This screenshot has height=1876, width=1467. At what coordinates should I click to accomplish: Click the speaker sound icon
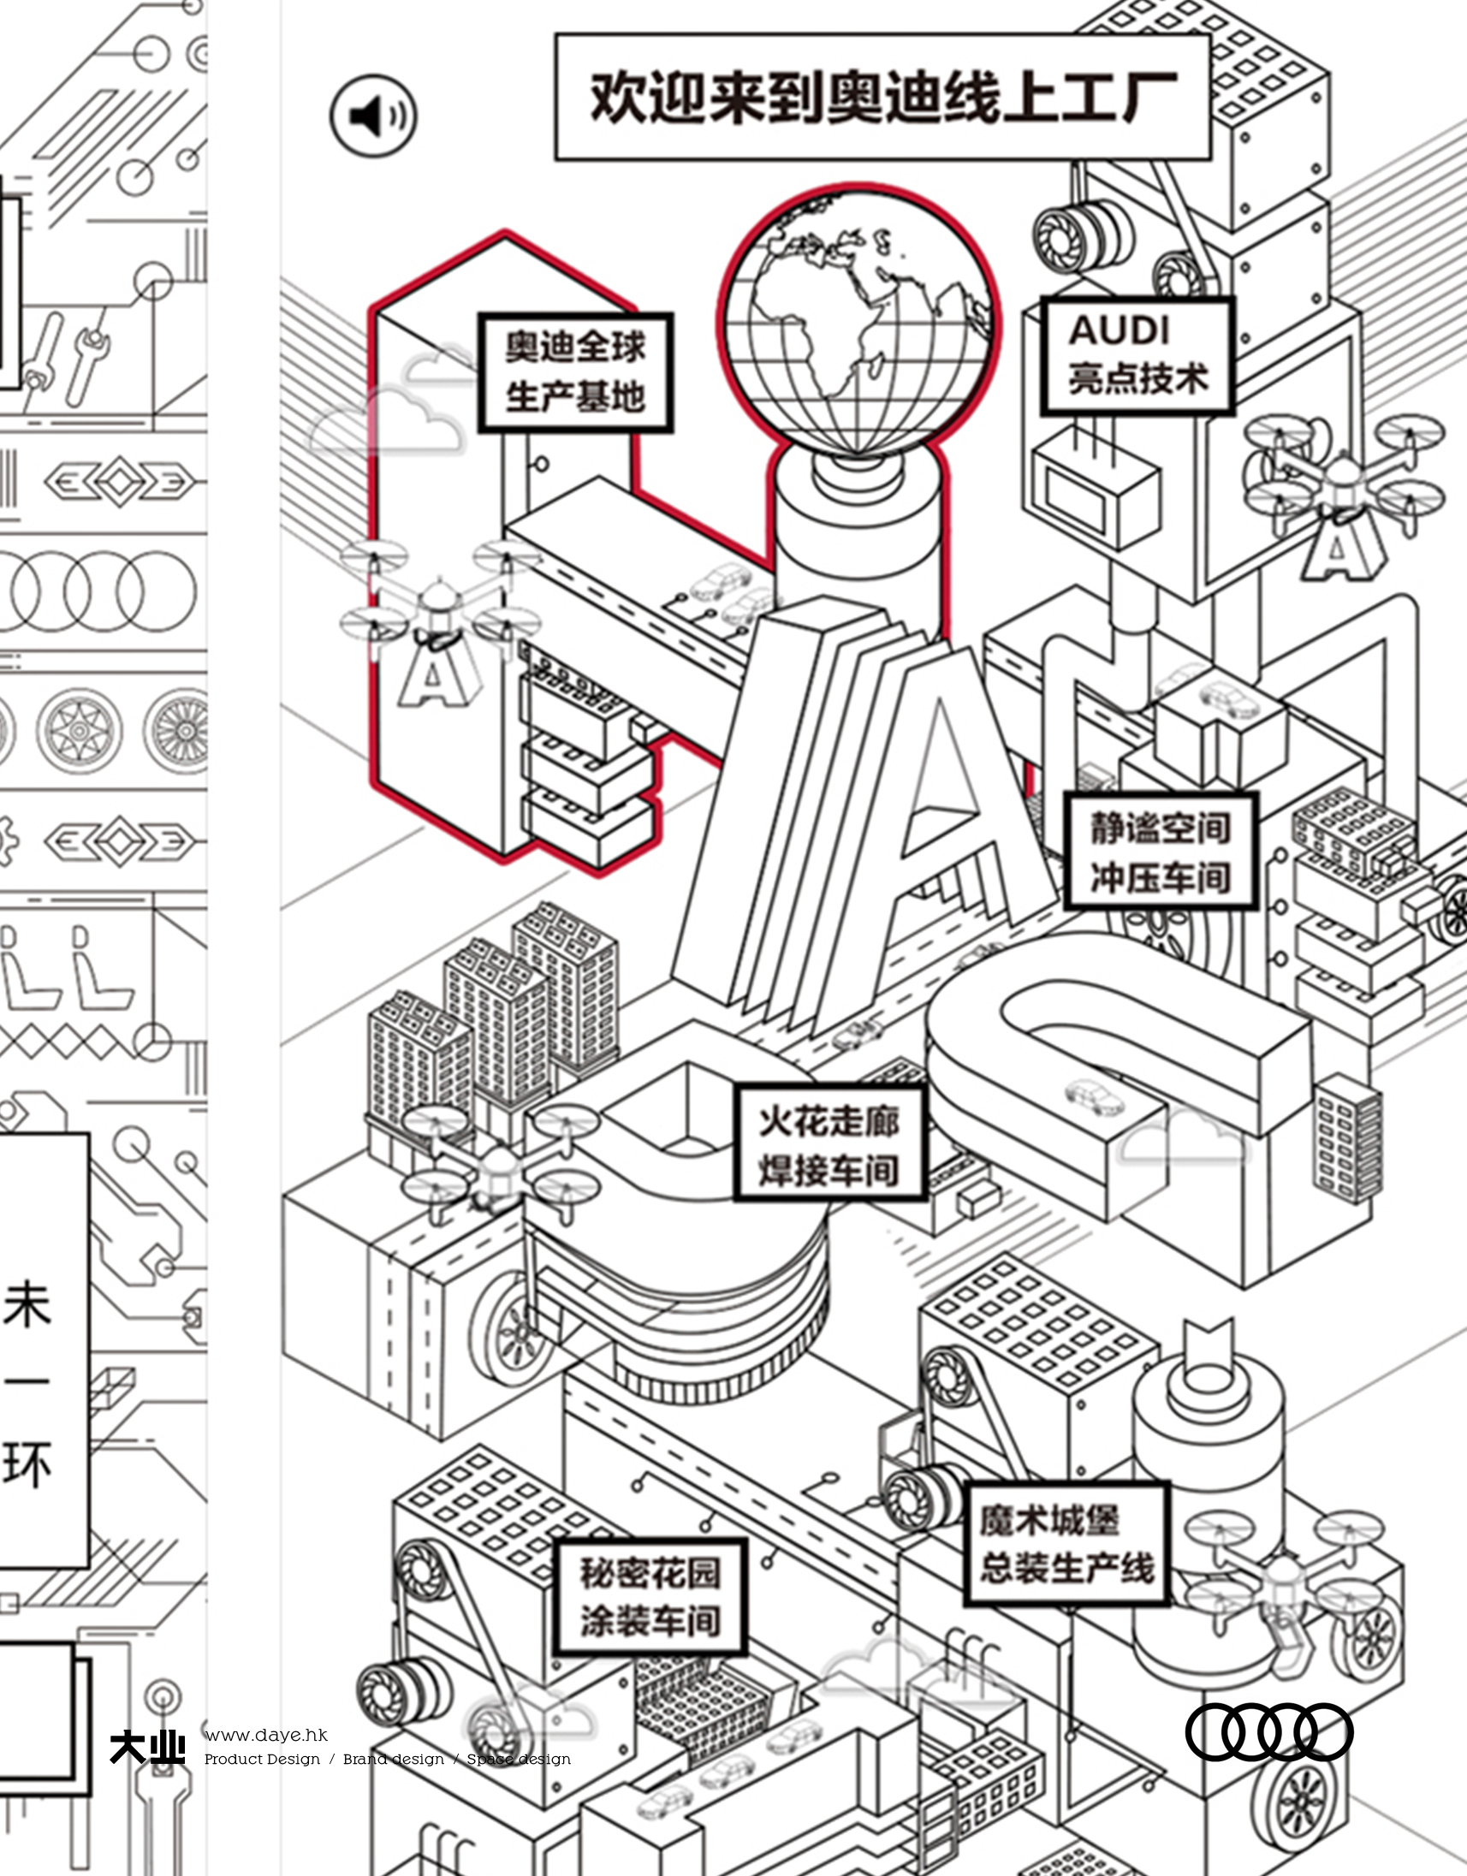(374, 115)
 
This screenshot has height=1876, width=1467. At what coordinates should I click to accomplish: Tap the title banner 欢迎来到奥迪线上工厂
(882, 97)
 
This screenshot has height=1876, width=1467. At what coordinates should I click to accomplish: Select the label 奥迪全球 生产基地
(574, 372)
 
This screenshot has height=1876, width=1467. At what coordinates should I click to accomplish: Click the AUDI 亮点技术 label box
(1137, 356)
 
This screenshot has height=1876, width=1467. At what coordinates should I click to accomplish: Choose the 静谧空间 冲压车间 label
(1161, 852)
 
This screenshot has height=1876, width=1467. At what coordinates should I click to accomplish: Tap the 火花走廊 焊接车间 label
(829, 1145)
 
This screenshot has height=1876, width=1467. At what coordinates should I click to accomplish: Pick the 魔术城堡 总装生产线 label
(1066, 1543)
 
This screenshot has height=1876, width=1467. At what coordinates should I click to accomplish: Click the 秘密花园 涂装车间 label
(650, 1597)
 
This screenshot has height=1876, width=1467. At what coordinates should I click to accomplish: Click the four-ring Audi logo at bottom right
(1268, 1731)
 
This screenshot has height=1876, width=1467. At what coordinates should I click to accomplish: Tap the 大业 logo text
(147, 1747)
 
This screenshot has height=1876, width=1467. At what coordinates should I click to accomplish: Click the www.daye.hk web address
(266, 1735)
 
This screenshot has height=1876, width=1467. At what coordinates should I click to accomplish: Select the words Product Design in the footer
(262, 1760)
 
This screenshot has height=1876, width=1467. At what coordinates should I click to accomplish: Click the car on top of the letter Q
(1094, 1098)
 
